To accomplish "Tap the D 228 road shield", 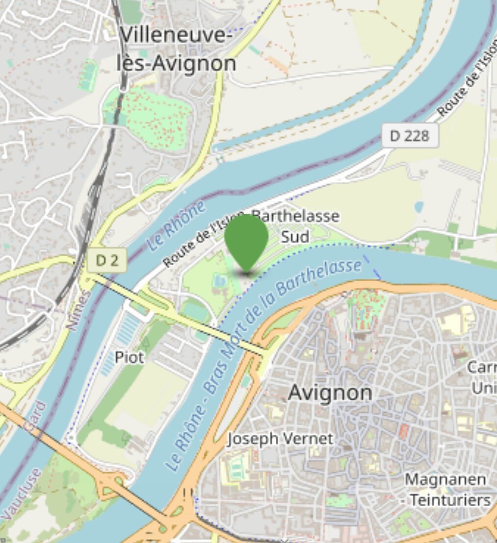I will coord(410,135).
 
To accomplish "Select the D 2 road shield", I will coord(106,260).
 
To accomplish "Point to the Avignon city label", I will coord(330,393).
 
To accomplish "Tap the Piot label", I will coord(130,357).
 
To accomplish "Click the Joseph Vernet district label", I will coord(280,438).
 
